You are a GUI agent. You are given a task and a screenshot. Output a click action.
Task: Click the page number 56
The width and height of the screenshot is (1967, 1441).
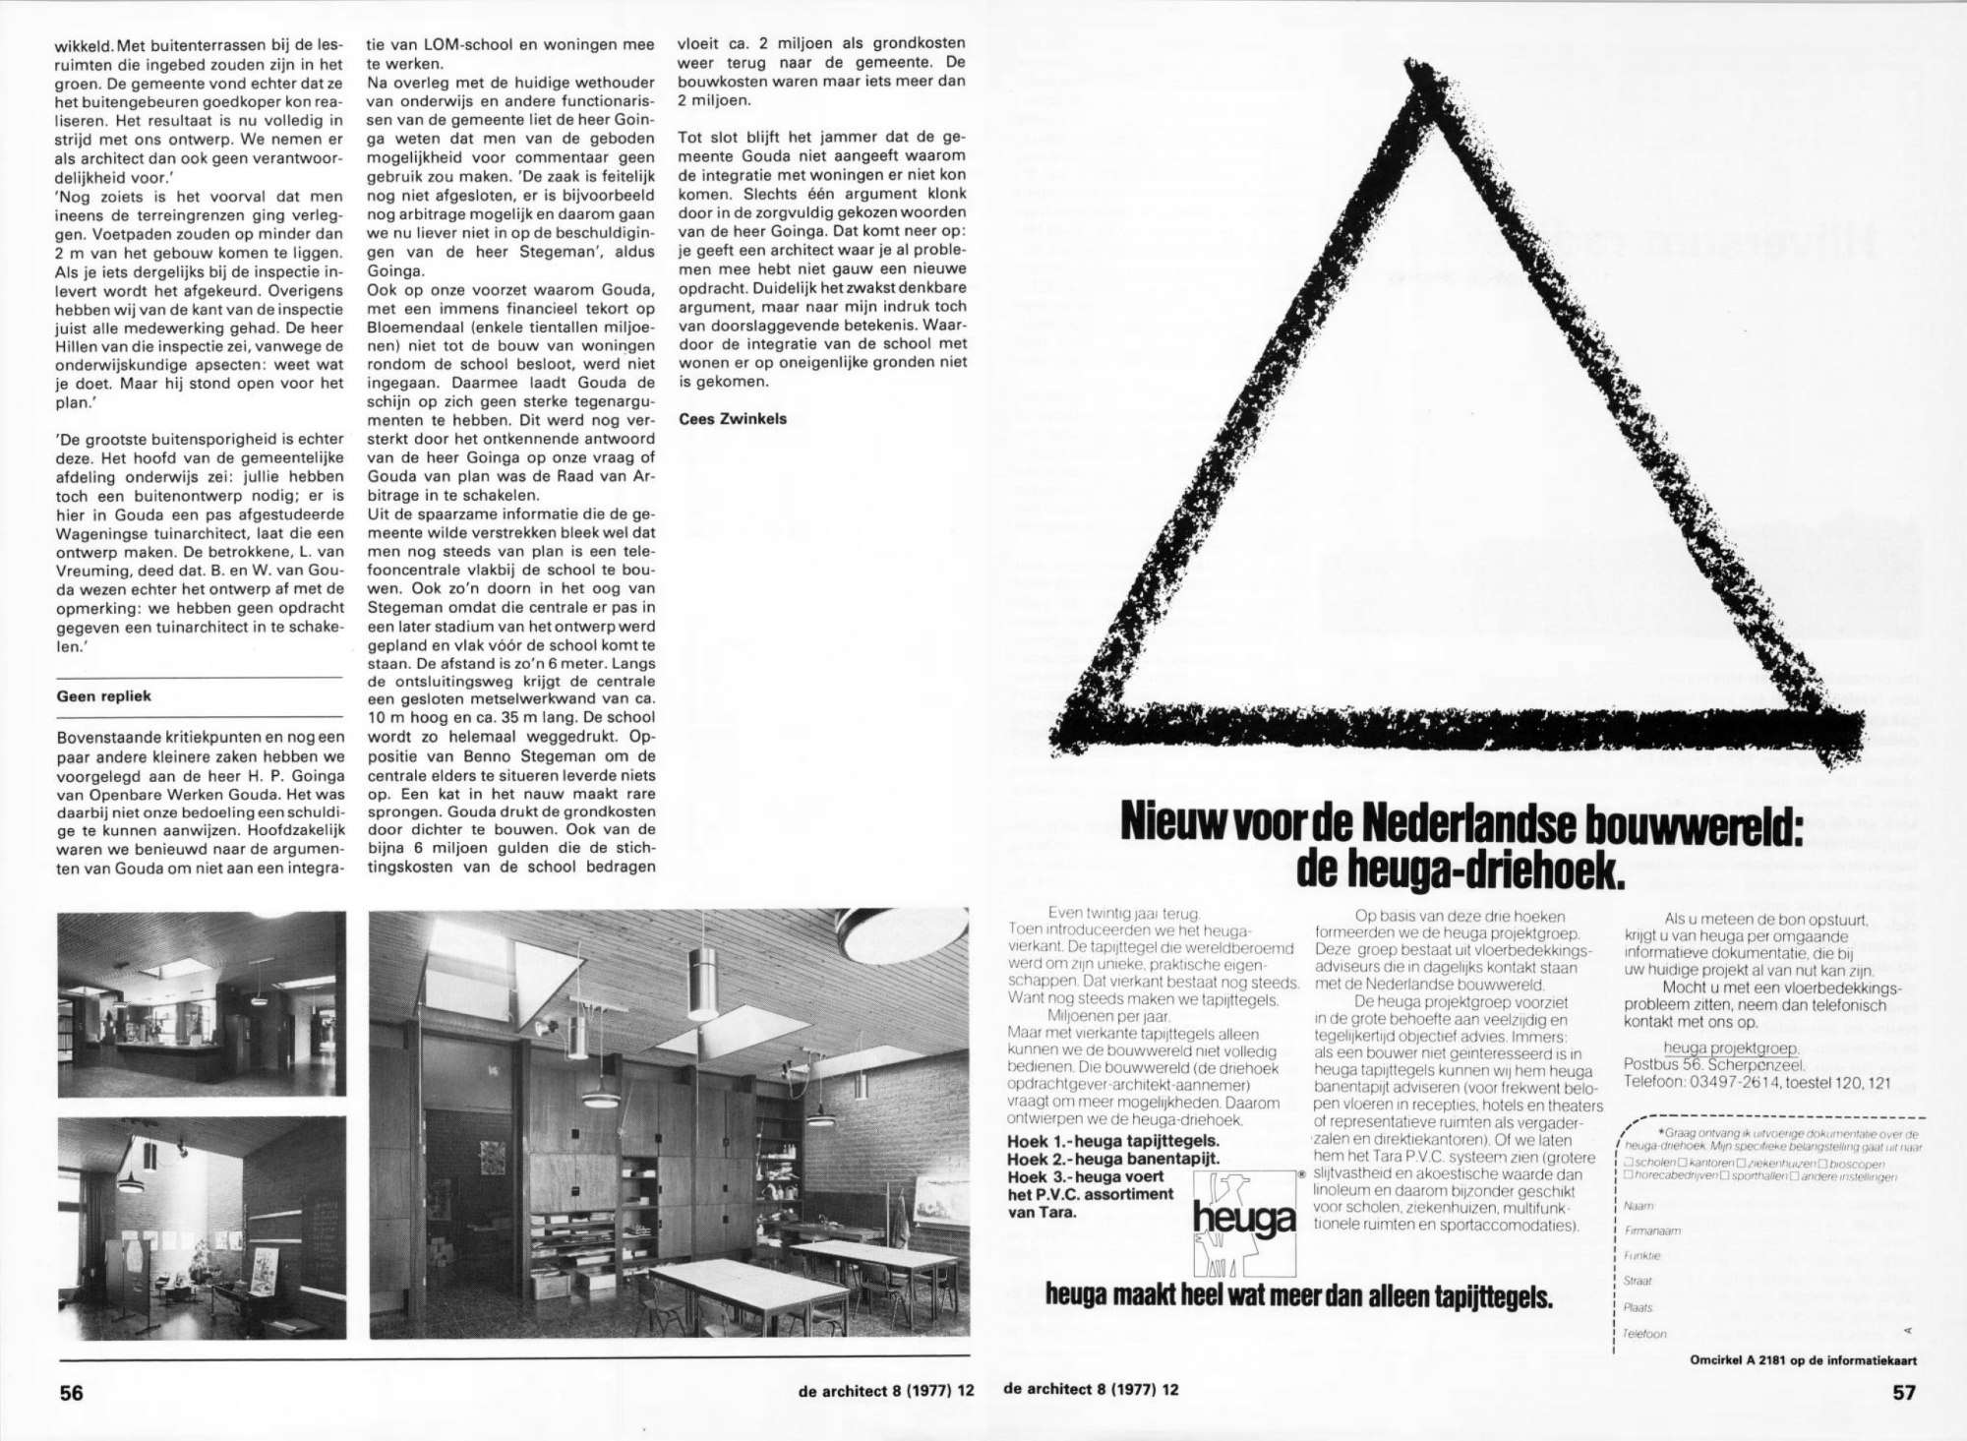[71, 1392]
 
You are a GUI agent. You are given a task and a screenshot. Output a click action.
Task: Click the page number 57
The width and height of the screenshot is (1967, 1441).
[1904, 1392]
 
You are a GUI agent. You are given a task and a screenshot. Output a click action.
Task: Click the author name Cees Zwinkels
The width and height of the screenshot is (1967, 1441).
[732, 419]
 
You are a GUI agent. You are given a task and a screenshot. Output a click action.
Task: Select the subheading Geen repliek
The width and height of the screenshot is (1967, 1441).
[103, 696]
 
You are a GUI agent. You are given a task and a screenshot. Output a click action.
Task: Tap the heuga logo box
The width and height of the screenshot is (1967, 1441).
[1243, 1222]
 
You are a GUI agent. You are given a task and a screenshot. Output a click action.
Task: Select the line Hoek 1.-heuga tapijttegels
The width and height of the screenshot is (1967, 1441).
[1113, 1141]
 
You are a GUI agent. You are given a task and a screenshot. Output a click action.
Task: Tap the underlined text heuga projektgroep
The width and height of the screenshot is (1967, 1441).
[1731, 1049]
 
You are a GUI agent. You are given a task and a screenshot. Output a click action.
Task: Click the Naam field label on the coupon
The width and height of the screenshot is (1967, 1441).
[1639, 1205]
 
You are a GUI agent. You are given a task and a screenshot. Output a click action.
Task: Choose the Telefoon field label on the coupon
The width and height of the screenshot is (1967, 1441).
[1644, 1334]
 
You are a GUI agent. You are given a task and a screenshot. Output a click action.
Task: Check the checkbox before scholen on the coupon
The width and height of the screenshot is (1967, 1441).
[1629, 1163]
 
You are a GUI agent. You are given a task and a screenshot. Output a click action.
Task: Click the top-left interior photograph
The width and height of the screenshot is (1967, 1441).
[202, 1003]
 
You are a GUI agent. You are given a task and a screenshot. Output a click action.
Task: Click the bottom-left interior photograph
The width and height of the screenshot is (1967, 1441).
[202, 1228]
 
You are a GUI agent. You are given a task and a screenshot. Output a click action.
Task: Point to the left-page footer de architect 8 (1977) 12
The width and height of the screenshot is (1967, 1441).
[886, 1391]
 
